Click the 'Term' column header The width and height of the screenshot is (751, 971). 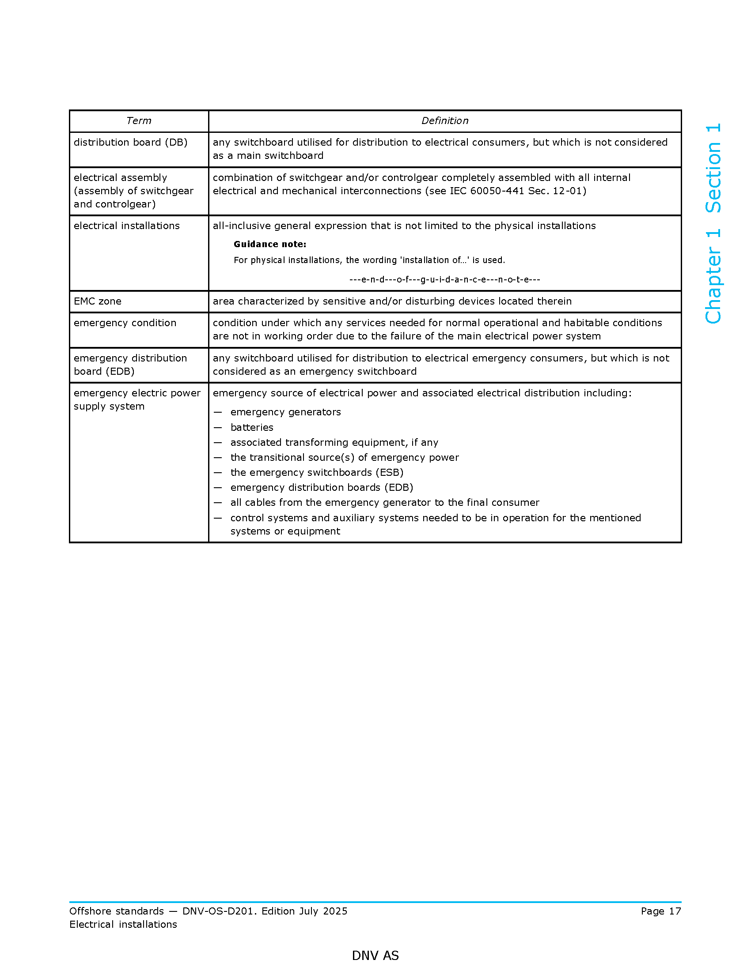pyautogui.click(x=139, y=121)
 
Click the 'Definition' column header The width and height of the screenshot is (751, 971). pyautogui.click(x=444, y=121)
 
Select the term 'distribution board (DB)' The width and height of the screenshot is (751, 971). pyautogui.click(x=130, y=142)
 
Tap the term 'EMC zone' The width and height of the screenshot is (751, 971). pyautogui.click(x=98, y=301)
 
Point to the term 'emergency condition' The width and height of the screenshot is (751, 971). pyautogui.click(x=125, y=323)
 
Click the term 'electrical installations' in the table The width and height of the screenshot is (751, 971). pyautogui.click(x=126, y=226)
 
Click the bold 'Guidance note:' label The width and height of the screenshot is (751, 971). pyautogui.click(x=269, y=244)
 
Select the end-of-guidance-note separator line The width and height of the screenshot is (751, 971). pyautogui.click(x=444, y=280)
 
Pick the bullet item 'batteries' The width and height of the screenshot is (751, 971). pyautogui.click(x=252, y=427)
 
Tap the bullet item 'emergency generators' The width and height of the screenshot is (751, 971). pyautogui.click(x=286, y=412)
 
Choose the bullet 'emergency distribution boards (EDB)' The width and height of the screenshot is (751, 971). pyautogui.click(x=322, y=487)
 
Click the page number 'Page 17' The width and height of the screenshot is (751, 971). pyautogui.click(x=661, y=911)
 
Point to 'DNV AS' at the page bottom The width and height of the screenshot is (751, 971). pyautogui.click(x=375, y=956)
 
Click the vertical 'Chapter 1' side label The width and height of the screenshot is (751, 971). pyautogui.click(x=713, y=277)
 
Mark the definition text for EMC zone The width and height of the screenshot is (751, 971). pyautogui.click(x=392, y=301)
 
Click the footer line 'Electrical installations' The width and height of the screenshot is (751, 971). pyautogui.click(x=123, y=924)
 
